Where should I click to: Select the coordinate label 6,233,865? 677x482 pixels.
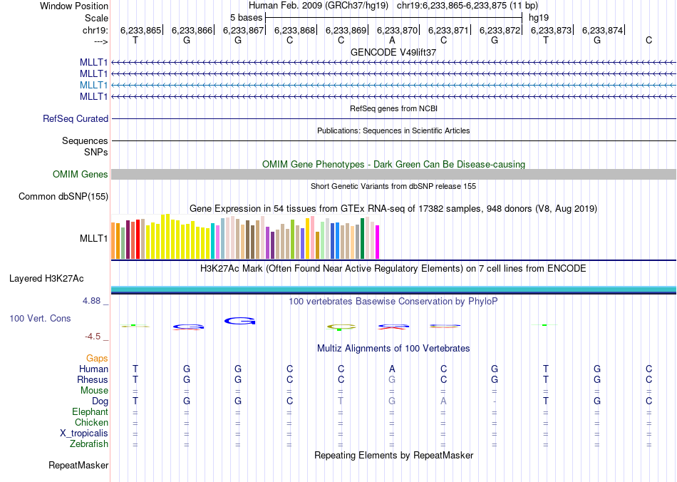[x=140, y=30]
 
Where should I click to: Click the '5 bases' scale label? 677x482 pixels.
[x=245, y=16]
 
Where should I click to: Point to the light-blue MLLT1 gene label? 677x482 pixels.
[x=94, y=85]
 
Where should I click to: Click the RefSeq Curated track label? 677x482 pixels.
[x=76, y=119]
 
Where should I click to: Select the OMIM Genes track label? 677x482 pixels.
[x=81, y=175]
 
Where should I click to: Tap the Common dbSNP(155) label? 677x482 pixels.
[x=63, y=197]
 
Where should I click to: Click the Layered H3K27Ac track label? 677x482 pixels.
[x=51, y=278]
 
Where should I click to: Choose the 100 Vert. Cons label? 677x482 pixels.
[x=41, y=318]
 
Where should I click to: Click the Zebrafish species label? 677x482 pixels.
[x=89, y=444]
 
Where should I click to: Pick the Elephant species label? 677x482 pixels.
[x=90, y=412]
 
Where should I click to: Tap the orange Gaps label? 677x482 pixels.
[x=97, y=358]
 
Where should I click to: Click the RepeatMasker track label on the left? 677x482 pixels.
[x=78, y=466]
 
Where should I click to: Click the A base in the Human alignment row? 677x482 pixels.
[x=392, y=369]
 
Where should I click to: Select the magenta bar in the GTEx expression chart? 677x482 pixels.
[x=377, y=242]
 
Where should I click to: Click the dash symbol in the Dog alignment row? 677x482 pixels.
[x=495, y=401]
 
